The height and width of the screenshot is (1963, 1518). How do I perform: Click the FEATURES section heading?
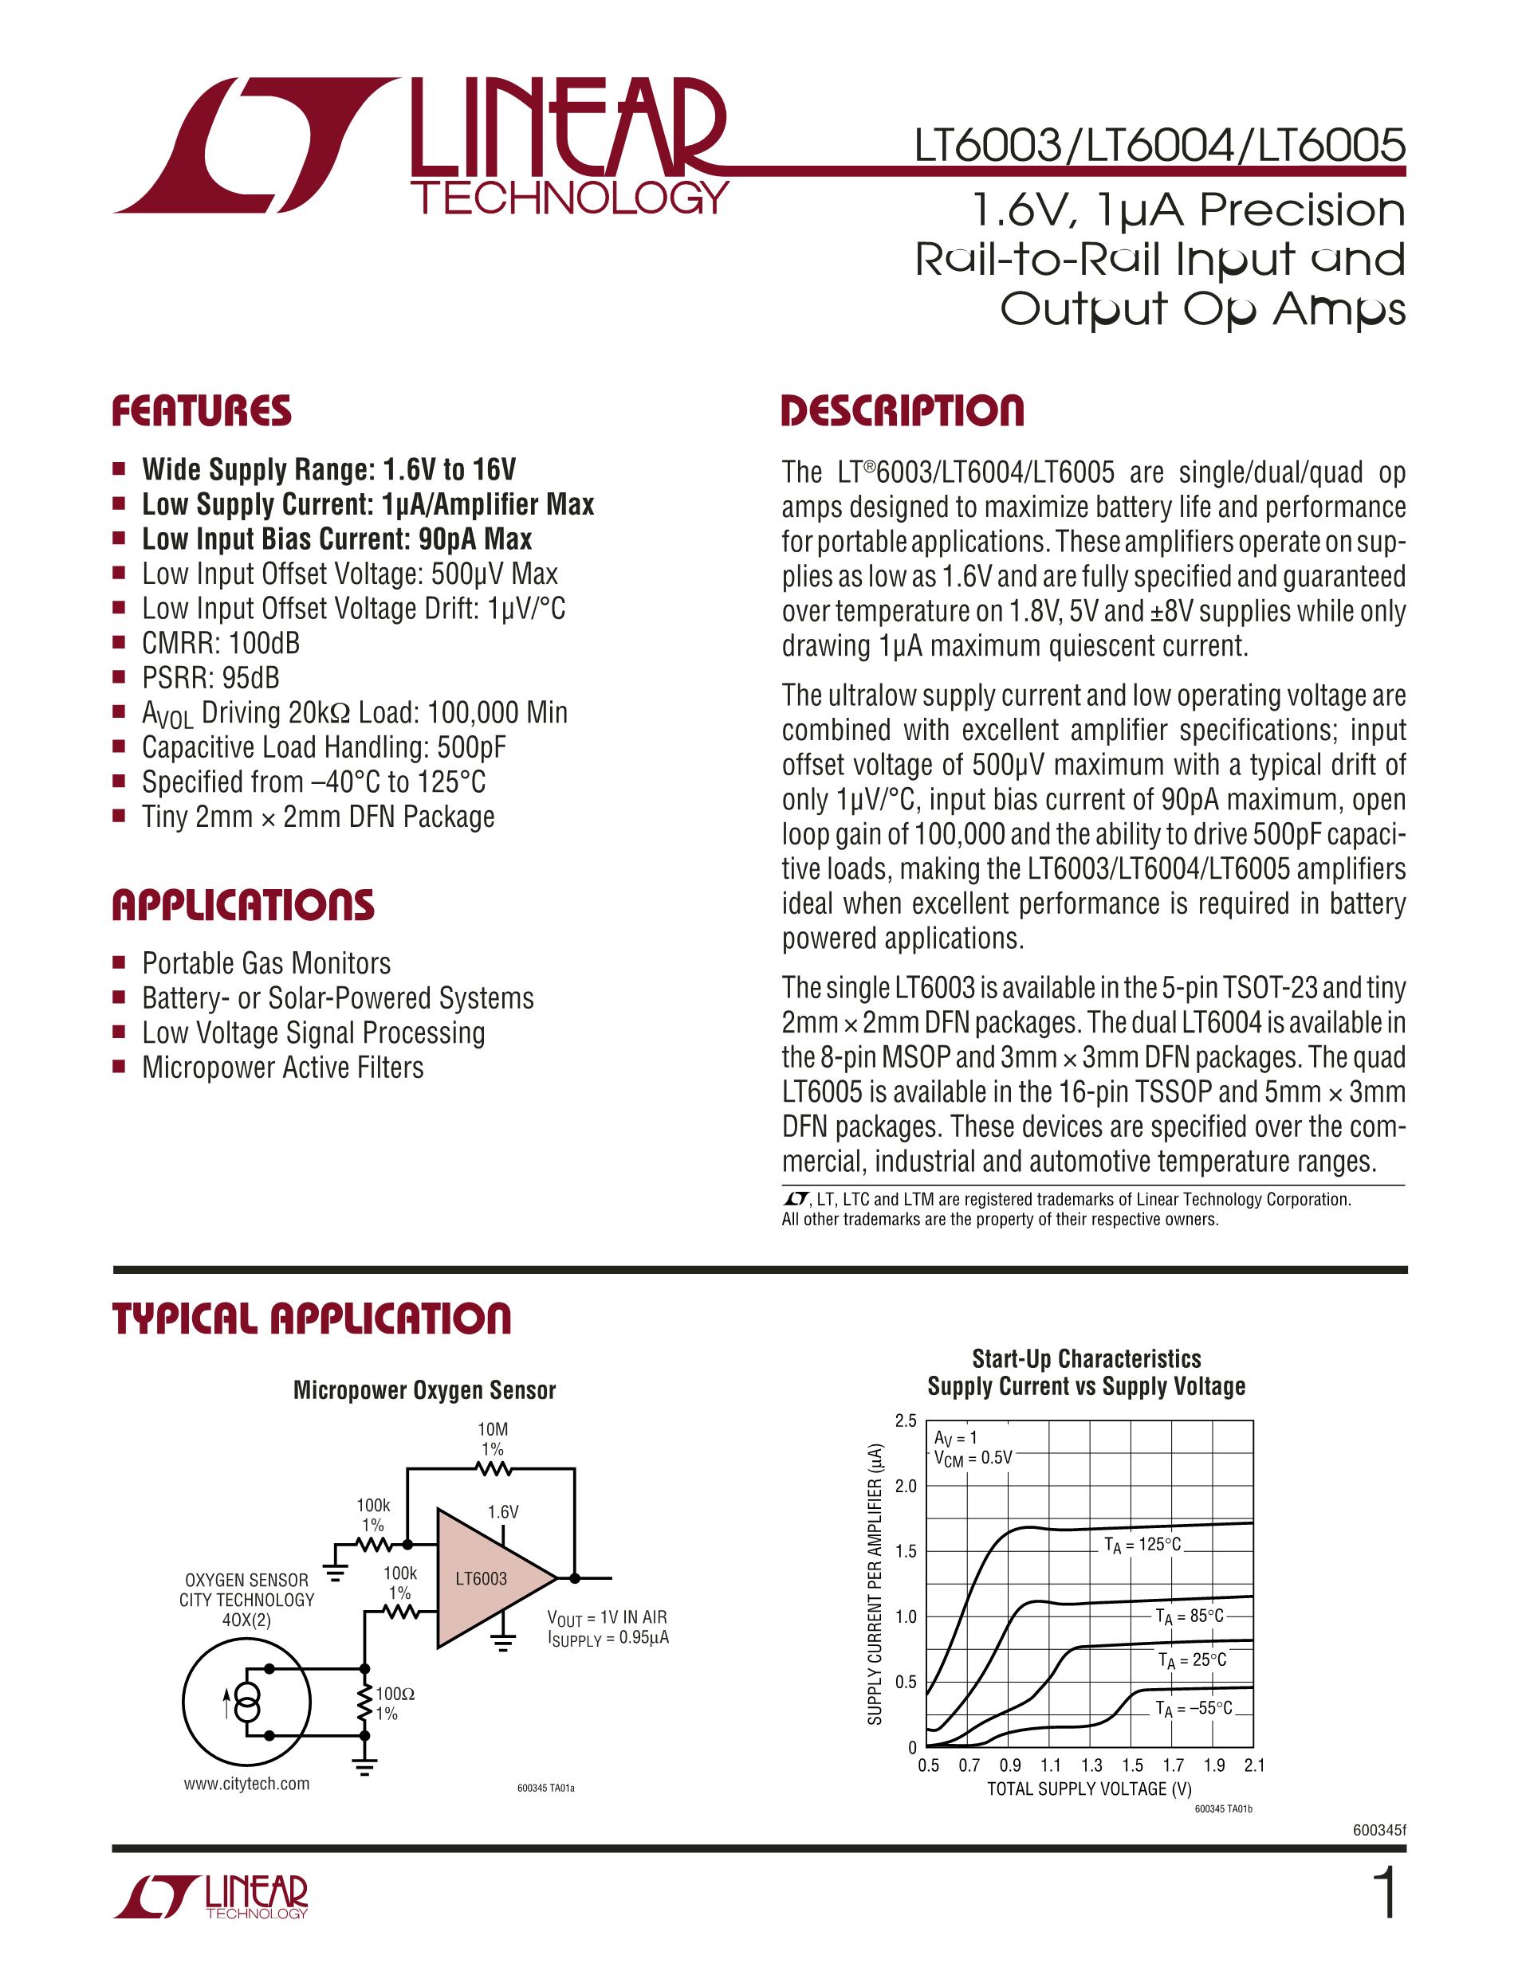pyautogui.click(x=202, y=411)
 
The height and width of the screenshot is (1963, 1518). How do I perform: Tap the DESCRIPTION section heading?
pyautogui.click(x=902, y=411)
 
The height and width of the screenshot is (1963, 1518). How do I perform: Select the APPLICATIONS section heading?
pyautogui.click(x=243, y=905)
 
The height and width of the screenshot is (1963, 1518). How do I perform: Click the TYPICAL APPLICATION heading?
pyautogui.click(x=311, y=1318)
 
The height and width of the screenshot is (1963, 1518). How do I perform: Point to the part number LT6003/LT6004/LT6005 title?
pyautogui.click(x=1159, y=146)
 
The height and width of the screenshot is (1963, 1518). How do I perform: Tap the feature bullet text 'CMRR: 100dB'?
pyautogui.click(x=220, y=644)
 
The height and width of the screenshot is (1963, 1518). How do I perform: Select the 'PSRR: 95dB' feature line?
pyautogui.click(x=210, y=678)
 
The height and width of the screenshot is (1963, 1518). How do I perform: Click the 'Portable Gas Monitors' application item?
pyautogui.click(x=266, y=963)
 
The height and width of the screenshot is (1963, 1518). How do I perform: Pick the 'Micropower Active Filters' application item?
pyautogui.click(x=282, y=1068)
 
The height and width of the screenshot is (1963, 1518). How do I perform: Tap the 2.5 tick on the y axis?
pyautogui.click(x=906, y=1421)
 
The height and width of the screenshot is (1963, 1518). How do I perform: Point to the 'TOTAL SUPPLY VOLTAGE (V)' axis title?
pyautogui.click(x=1089, y=1789)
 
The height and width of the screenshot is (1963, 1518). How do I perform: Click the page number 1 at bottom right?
pyautogui.click(x=1386, y=1894)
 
